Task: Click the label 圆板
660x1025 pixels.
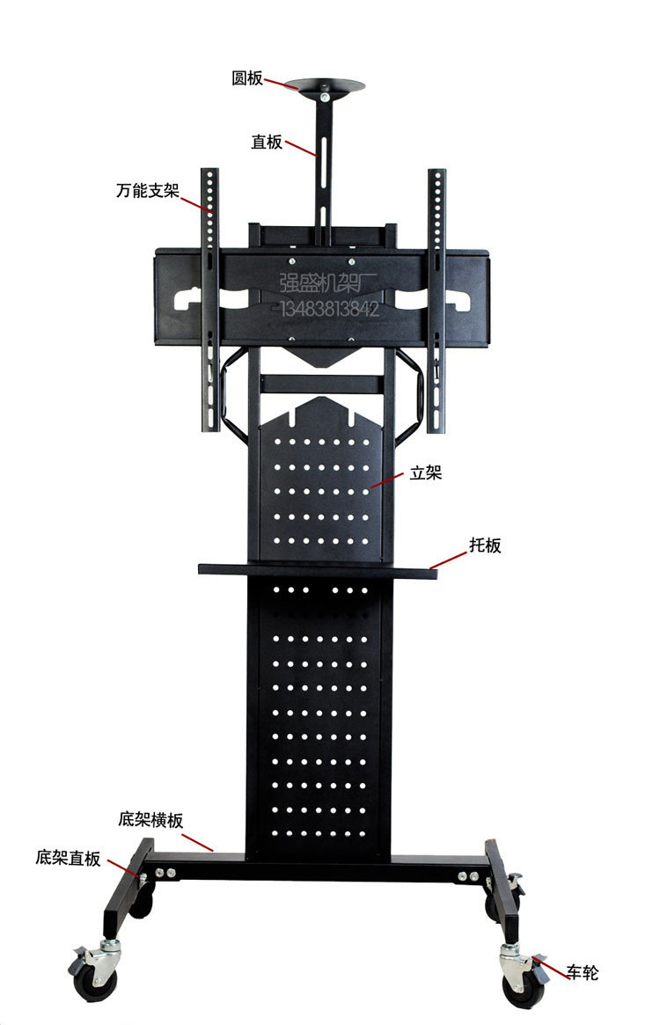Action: pyautogui.click(x=247, y=78)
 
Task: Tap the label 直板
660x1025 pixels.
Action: pyautogui.click(x=267, y=142)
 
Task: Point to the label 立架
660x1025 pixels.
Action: pyautogui.click(x=425, y=472)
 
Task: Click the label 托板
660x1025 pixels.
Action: pyautogui.click(x=485, y=545)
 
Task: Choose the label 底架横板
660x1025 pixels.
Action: pyautogui.click(x=150, y=820)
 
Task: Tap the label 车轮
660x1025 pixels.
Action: pyautogui.click(x=582, y=972)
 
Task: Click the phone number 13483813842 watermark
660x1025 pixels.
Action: pyautogui.click(x=329, y=309)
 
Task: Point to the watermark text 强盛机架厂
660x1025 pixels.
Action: pyautogui.click(x=327, y=283)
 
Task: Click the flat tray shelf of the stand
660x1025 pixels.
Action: pyautogui.click(x=317, y=569)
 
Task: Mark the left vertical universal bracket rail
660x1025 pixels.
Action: pyautogui.click(x=209, y=299)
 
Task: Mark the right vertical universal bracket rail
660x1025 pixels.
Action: pyautogui.click(x=437, y=299)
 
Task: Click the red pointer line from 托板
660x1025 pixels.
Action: pyautogui.click(x=449, y=560)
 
